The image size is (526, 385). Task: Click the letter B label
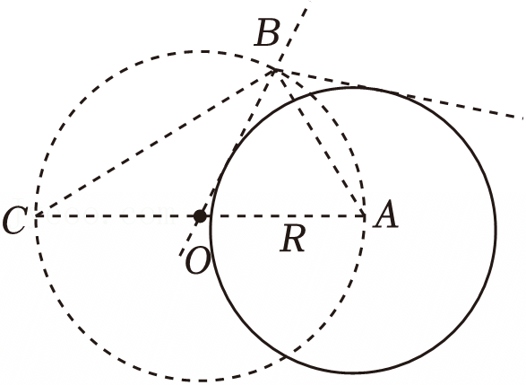pyautogui.click(x=267, y=32)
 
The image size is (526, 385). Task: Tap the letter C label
pyautogui.click(x=14, y=220)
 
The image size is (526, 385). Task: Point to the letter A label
pyautogui.click(x=386, y=214)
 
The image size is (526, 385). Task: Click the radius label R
pyautogui.click(x=293, y=238)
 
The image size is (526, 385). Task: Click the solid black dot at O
pyautogui.click(x=200, y=216)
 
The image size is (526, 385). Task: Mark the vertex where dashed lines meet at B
pyautogui.click(x=277, y=70)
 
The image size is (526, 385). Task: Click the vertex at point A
pyautogui.click(x=365, y=216)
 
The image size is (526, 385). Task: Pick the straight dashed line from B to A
pyautogui.click(x=321, y=143)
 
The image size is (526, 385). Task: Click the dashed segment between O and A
pyautogui.click(x=282, y=216)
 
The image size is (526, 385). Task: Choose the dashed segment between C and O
pyautogui.click(x=118, y=216)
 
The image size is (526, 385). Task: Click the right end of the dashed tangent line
pyautogui.click(x=522, y=118)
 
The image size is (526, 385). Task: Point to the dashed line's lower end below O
pyautogui.click(x=179, y=256)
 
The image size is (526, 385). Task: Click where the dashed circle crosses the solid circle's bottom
pyautogui.click(x=289, y=355)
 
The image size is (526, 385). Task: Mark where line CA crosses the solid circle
pyautogui.click(x=211, y=216)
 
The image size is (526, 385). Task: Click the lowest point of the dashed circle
pyautogui.click(x=201, y=381)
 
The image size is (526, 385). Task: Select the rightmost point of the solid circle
pyautogui.click(x=496, y=230)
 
